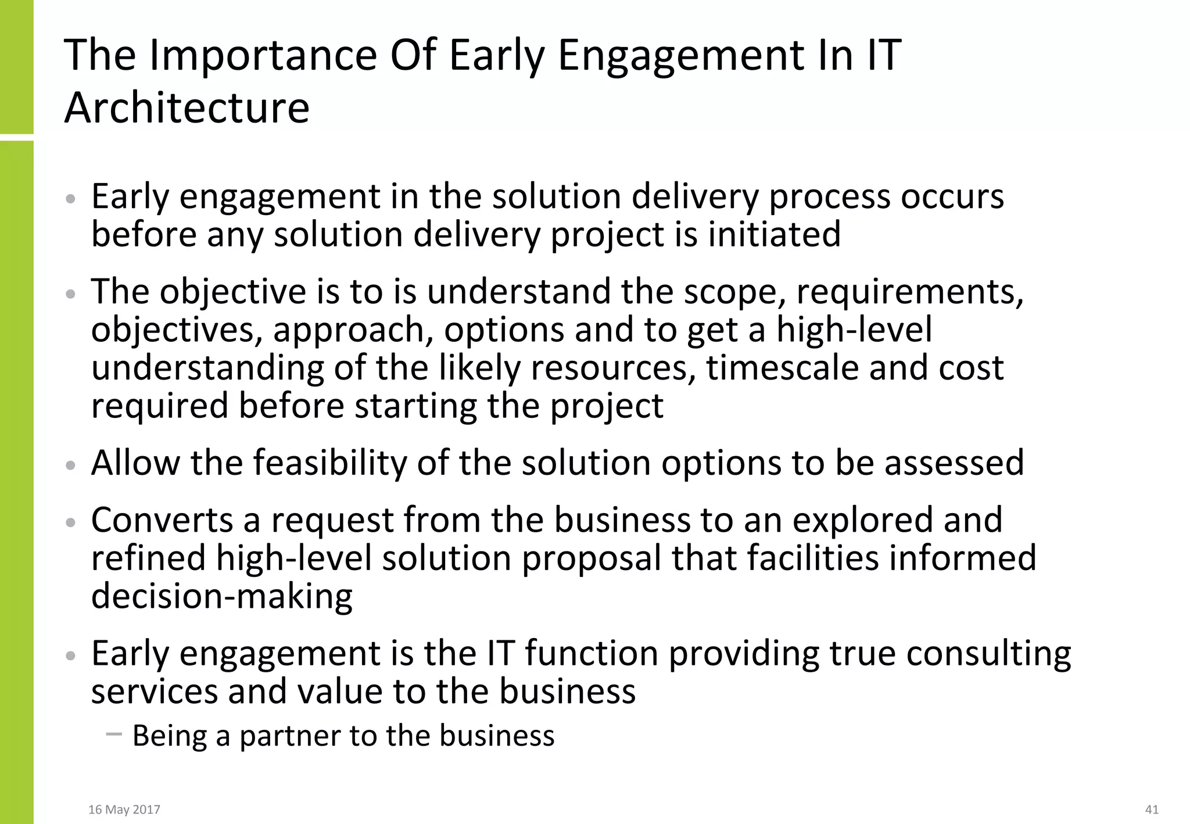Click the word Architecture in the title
[187, 109]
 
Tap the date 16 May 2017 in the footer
[124, 809]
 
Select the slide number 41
[1152, 809]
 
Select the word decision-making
[222, 596]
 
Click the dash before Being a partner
[114, 735]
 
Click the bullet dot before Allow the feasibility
[71, 465]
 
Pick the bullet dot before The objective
[71, 294]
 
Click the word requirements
[909, 292]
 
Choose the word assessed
[954, 463]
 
